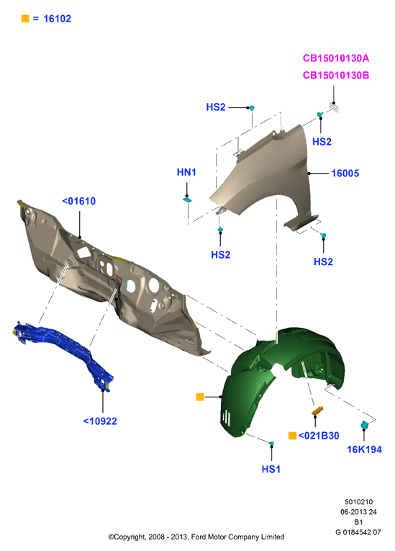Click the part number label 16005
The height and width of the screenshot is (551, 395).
click(x=345, y=174)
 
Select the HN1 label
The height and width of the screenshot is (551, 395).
click(x=186, y=172)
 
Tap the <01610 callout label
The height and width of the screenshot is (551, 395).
click(x=79, y=201)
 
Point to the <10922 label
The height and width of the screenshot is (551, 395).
click(x=100, y=421)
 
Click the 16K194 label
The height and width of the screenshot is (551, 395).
click(x=364, y=449)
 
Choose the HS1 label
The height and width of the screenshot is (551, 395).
click(x=271, y=469)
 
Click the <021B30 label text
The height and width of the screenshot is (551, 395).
click(x=319, y=436)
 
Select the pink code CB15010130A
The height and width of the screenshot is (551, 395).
click(x=336, y=58)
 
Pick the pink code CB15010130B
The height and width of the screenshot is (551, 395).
click(x=336, y=75)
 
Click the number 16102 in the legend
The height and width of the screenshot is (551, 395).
click(x=58, y=19)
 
